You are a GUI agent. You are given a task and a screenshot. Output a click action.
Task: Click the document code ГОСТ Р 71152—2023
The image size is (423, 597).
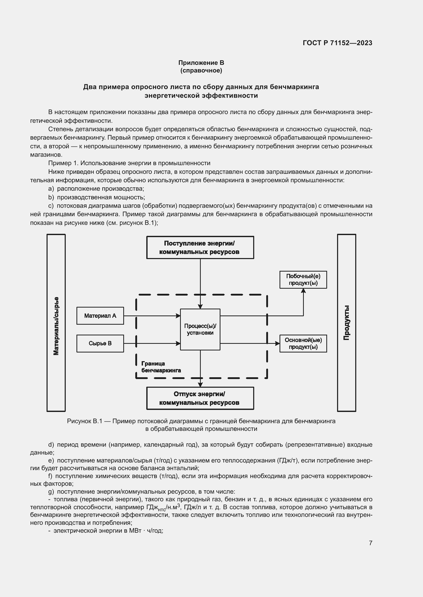337,43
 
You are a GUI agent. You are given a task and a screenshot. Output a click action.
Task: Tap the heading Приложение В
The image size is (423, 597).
201,63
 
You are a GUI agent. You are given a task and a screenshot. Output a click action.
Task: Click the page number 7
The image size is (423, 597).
370,543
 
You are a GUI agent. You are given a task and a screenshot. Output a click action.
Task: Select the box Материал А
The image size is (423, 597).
100,316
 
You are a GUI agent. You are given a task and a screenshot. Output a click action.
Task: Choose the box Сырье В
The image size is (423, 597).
100,343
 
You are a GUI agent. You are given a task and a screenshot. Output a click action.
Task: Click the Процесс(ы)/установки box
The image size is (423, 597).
200,330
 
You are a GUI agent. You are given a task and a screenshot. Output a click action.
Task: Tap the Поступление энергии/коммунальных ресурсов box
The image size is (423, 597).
200,247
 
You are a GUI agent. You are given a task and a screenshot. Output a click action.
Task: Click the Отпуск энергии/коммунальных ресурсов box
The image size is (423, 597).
200,398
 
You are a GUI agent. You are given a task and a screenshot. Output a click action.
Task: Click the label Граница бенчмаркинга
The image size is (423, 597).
161,367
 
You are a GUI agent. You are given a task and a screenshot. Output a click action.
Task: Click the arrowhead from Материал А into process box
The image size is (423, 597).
178,316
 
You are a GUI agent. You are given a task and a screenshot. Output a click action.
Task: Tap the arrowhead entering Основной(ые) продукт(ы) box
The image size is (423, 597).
277,343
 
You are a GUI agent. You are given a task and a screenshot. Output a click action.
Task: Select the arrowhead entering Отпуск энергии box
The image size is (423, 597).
200,385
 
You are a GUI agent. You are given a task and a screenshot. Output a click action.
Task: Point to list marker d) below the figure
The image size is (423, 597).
51,445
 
